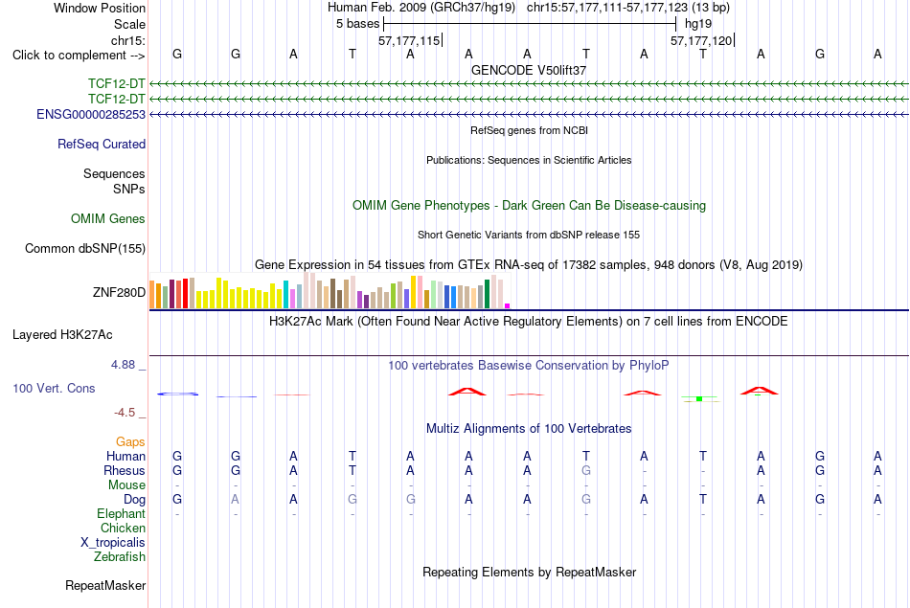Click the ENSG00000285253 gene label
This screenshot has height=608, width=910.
click(91, 114)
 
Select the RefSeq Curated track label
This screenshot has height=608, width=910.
click(102, 144)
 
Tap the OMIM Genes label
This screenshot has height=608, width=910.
click(108, 218)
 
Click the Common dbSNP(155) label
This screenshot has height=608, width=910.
click(85, 248)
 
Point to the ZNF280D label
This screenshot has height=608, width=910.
click(119, 292)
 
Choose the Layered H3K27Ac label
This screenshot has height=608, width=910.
click(62, 335)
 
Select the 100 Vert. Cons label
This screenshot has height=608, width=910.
click(54, 388)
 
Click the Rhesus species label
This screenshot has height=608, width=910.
click(125, 470)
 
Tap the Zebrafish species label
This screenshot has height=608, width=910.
click(120, 557)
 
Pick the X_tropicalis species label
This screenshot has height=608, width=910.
click(113, 543)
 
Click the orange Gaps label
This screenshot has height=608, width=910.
click(130, 442)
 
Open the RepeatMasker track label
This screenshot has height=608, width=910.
click(105, 586)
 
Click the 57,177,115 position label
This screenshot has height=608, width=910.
click(409, 40)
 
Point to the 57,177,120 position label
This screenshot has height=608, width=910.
click(701, 40)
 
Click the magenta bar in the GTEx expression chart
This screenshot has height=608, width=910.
click(508, 305)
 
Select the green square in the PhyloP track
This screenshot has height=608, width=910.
click(699, 399)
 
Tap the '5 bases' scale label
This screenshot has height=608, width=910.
click(357, 24)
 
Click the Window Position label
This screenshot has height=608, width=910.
click(100, 8)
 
